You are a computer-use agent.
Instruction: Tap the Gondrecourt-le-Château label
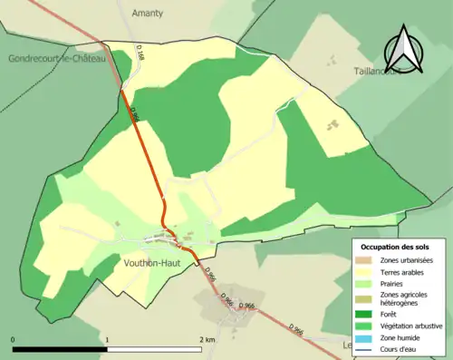(x=58, y=58)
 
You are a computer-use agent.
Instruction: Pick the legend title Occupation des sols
(x=395, y=247)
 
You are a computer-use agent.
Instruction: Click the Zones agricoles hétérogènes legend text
(x=404, y=299)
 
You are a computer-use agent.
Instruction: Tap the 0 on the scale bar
(x=13, y=339)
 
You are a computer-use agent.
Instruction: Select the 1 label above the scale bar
(x=108, y=339)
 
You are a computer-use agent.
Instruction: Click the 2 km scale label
(x=207, y=339)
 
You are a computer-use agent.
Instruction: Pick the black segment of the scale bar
(x=60, y=348)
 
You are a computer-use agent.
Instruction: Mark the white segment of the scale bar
(x=155, y=348)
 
